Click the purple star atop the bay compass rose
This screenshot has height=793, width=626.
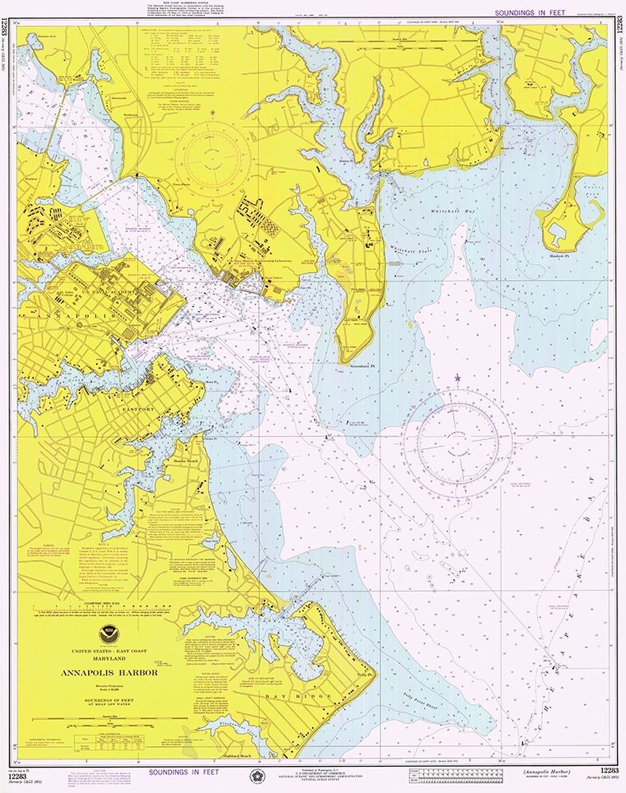pyautogui.click(x=457, y=379)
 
